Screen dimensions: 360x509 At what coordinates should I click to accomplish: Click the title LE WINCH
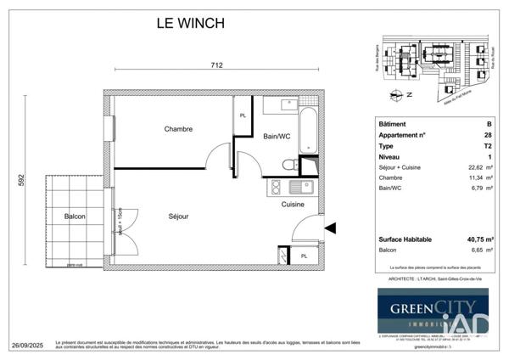point(184,24)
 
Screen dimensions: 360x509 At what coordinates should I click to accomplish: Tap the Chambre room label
point(178,130)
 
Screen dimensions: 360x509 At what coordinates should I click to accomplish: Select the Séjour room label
point(177,217)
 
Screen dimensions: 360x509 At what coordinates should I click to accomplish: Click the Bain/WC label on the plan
point(277,136)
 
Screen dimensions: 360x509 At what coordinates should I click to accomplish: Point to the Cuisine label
point(294,204)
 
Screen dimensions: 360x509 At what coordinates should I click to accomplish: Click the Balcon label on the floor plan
point(75,217)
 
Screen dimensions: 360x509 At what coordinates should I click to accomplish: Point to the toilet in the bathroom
point(288,164)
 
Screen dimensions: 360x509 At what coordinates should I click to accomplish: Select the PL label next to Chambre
point(243,115)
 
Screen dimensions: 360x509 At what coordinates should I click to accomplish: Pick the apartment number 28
point(487,135)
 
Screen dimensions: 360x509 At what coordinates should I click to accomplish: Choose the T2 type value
point(487,146)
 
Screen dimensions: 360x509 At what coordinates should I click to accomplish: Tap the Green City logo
point(433,308)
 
